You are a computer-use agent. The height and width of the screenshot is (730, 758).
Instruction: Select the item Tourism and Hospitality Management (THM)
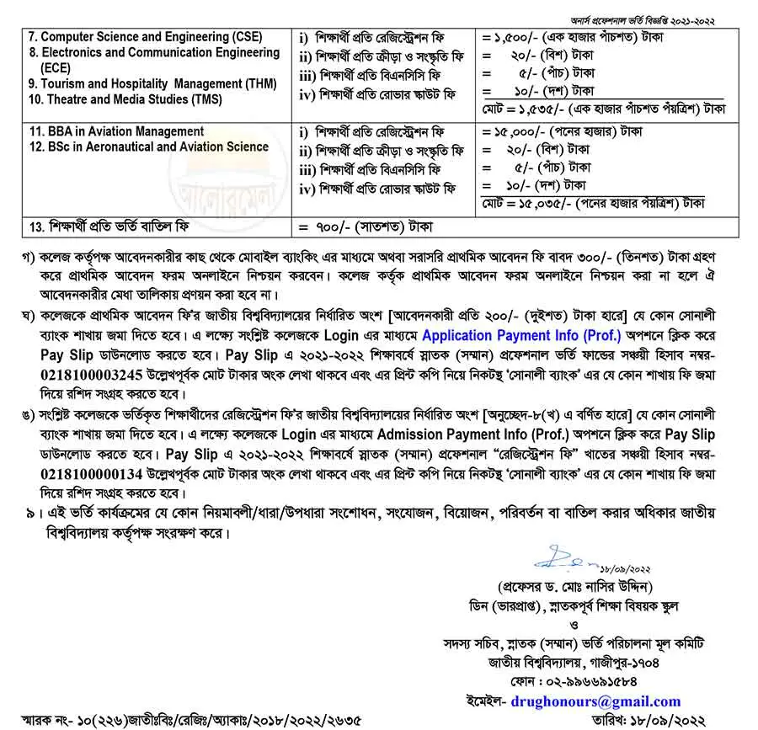click(147, 83)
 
